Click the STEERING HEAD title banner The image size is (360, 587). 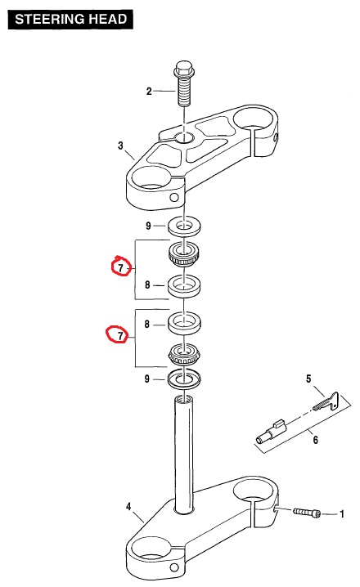pyautogui.click(x=70, y=19)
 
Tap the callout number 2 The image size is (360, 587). pyautogui.click(x=149, y=91)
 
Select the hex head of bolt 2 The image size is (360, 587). pyautogui.click(x=183, y=69)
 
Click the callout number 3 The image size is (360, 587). pyautogui.click(x=120, y=146)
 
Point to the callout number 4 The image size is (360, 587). pyautogui.click(x=128, y=507)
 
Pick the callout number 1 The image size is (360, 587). pyautogui.click(x=342, y=513)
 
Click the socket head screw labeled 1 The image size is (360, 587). pyautogui.click(x=307, y=512)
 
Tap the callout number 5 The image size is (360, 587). pyautogui.click(x=308, y=379)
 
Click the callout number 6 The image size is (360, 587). pyautogui.click(x=316, y=440)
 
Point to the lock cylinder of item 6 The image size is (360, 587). pyautogui.click(x=271, y=432)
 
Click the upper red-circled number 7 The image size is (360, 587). pyautogui.click(x=120, y=267)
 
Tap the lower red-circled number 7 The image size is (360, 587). pyautogui.click(x=120, y=335)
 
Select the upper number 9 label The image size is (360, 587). pyautogui.click(x=148, y=226)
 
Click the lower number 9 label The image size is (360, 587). pyautogui.click(x=147, y=379)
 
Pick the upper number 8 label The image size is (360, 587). pyautogui.click(x=147, y=285)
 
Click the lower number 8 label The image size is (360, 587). pyautogui.click(x=147, y=324)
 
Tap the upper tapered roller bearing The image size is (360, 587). pyautogui.click(x=183, y=254)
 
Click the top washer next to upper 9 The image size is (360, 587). pyautogui.click(x=183, y=226)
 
